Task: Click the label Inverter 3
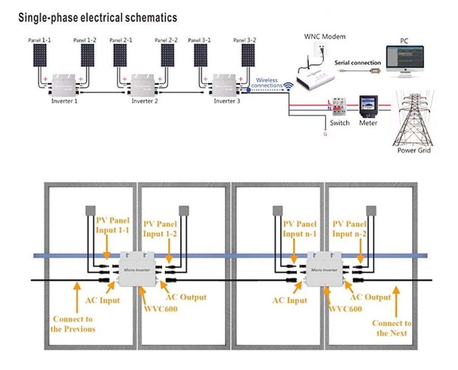coord(227,101)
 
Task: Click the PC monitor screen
coord(404,57)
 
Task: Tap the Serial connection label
coord(357,63)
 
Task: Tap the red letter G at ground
coord(325,133)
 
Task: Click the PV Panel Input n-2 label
coord(349,229)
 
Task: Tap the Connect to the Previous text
coord(73,324)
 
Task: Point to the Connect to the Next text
coord(392,328)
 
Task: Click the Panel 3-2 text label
coord(245,40)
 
